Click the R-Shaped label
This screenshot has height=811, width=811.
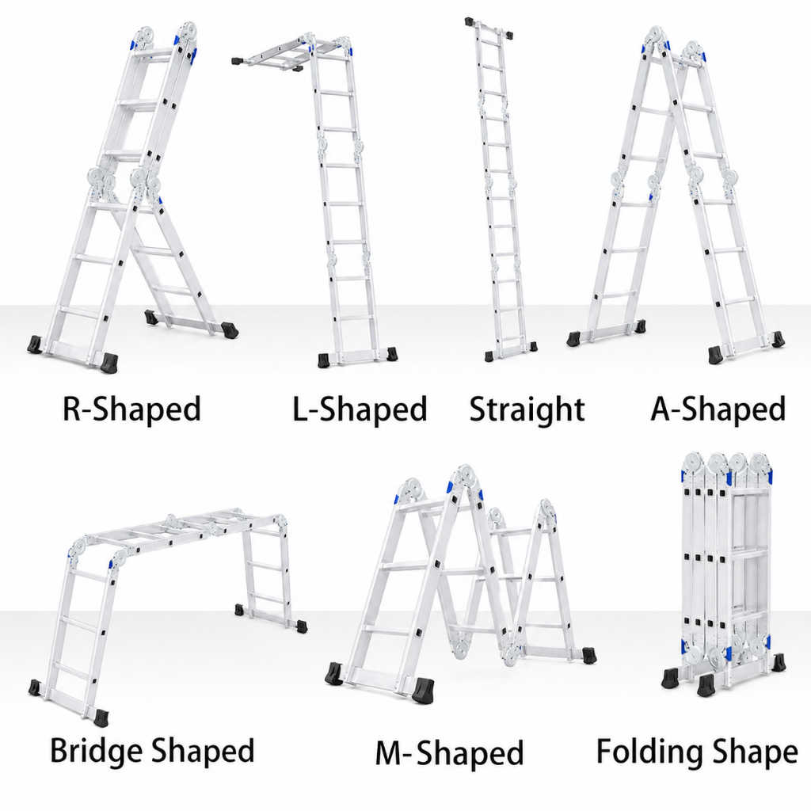[131, 409]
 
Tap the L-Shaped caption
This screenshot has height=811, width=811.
[360, 409]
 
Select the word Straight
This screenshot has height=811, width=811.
[527, 409]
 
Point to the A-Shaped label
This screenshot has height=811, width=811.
[718, 409]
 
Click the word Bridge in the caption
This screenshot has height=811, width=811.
[95, 751]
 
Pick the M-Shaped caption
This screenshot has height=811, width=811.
[450, 753]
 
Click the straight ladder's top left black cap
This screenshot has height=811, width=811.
[470, 22]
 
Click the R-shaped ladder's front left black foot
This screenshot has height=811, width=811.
[35, 345]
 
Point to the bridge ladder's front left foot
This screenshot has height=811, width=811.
[35, 687]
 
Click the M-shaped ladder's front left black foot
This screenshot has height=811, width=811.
[336, 673]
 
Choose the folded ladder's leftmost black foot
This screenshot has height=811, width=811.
[671, 676]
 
